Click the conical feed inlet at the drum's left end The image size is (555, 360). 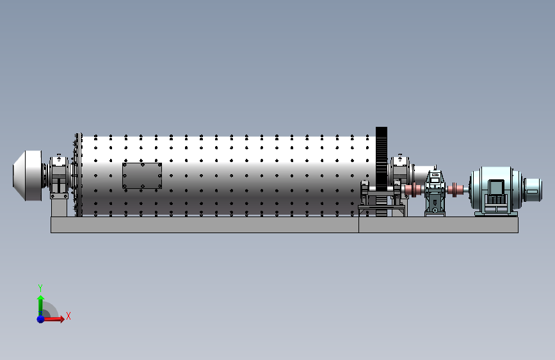[28, 176]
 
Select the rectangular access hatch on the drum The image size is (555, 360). [142, 176]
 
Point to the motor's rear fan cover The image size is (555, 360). [532, 190]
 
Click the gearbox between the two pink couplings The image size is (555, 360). [435, 192]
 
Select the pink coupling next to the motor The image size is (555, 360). [455, 190]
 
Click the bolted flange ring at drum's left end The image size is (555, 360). [78, 175]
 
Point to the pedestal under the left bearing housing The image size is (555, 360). [59, 208]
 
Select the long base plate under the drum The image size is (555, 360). [205, 225]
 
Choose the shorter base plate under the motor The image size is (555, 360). [438, 225]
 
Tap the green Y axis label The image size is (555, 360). [40, 288]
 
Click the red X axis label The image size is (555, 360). [68, 316]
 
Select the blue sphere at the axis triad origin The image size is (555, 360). [41, 319]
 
